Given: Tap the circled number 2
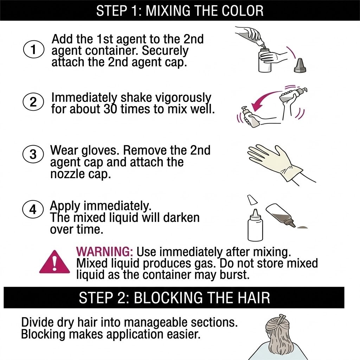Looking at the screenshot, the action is click(33, 102).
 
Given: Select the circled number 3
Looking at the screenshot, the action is click(33, 154).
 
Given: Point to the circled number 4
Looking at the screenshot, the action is click(33, 210).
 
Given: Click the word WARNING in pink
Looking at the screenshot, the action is click(104, 252).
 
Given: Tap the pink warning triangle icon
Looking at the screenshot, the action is click(54, 262).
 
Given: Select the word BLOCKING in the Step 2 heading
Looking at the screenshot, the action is click(168, 297).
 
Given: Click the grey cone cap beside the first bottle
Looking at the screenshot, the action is click(300, 65).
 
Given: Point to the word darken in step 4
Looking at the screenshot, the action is click(181, 217).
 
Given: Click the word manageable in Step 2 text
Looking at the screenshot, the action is click(157, 323).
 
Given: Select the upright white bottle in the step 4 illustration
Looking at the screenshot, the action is click(255, 226).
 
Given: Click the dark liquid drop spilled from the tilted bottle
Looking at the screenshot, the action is click(302, 227).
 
